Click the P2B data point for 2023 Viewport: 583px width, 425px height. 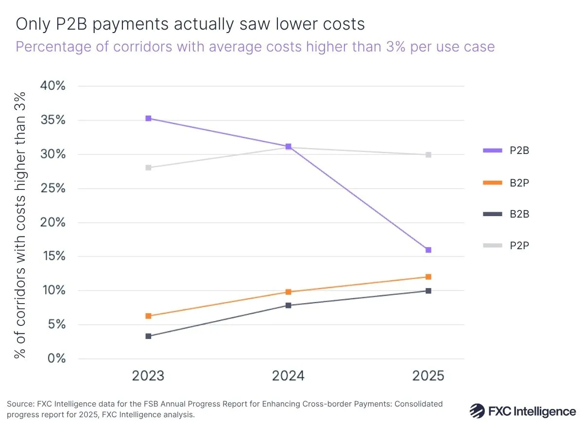[148, 119]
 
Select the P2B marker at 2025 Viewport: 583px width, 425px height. [428, 250]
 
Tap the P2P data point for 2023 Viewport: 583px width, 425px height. [148, 168]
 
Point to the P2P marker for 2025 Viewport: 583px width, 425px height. [428, 155]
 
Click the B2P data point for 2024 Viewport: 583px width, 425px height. [288, 292]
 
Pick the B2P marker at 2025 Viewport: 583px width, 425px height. [428, 277]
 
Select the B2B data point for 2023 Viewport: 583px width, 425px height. [148, 336]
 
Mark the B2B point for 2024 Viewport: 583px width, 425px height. [288, 306]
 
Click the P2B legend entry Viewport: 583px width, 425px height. [506, 151]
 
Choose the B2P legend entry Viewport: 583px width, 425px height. [506, 183]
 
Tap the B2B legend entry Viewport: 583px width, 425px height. [506, 214]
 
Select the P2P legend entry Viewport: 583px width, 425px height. [506, 246]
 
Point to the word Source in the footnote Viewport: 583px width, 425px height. [18, 404]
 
